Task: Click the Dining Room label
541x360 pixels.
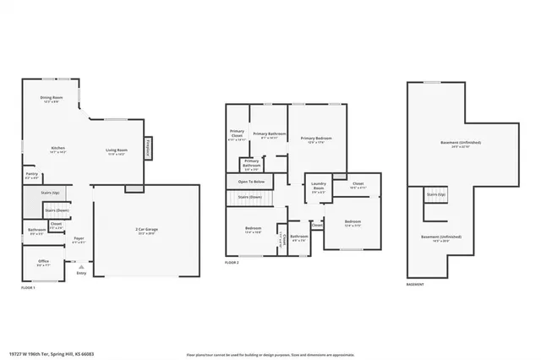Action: [x=51, y=99]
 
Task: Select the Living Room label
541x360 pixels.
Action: [x=115, y=150]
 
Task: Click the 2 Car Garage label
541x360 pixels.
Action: [x=147, y=231]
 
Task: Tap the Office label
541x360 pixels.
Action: [x=43, y=262]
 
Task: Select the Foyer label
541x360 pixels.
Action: [x=79, y=239]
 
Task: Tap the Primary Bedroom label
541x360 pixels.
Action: [x=315, y=139]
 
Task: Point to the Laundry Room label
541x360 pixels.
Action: [x=319, y=184]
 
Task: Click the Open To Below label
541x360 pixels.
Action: [x=252, y=182]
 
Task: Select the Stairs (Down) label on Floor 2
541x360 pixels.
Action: [x=250, y=196]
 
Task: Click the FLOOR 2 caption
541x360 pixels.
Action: [x=232, y=264]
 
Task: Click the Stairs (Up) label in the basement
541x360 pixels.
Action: [x=434, y=194]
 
